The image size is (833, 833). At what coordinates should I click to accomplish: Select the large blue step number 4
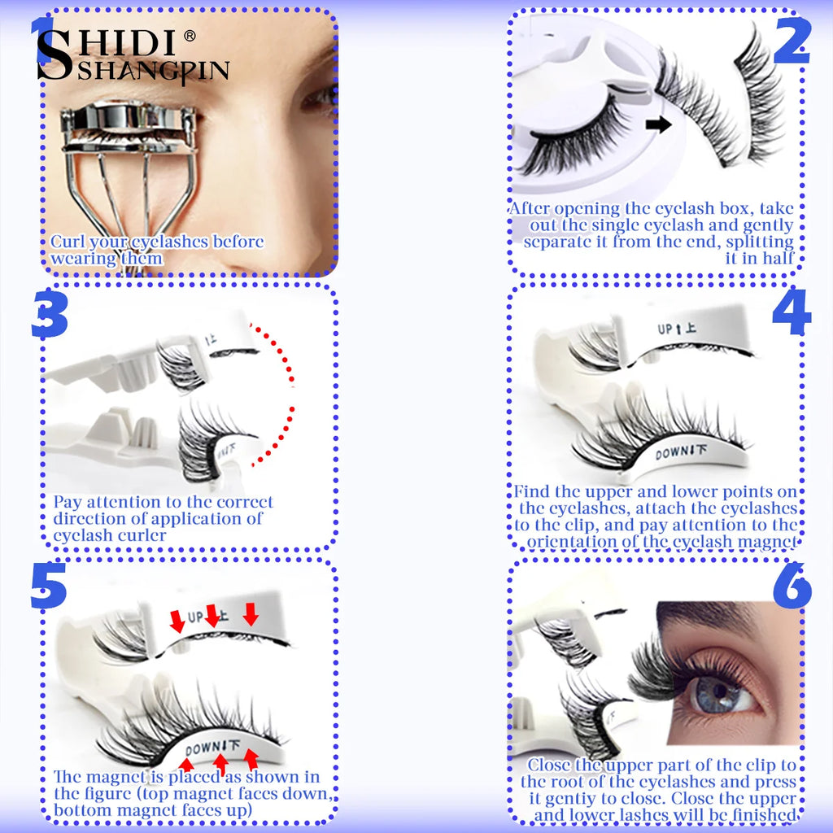tap(791, 313)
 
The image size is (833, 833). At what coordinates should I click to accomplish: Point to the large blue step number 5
tap(49, 587)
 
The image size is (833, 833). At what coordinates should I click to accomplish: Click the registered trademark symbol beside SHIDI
tap(190, 36)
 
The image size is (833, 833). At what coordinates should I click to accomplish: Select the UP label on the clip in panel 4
tap(666, 329)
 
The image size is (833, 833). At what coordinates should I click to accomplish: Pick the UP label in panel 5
tap(196, 618)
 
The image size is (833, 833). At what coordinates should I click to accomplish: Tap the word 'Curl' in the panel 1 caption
tap(67, 242)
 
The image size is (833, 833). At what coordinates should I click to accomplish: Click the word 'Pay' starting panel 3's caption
tap(68, 502)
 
